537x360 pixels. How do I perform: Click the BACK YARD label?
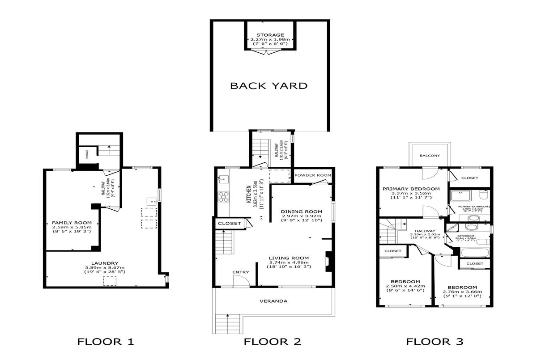[x=268, y=86]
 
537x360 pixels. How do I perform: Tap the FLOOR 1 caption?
[x=106, y=342]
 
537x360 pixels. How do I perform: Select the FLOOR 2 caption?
[x=272, y=342]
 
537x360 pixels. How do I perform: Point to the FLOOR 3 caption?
[x=434, y=342]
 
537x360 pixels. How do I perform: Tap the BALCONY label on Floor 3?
[x=430, y=156]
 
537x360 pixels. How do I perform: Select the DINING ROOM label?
[x=299, y=212]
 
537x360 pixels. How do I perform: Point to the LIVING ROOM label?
[x=289, y=258]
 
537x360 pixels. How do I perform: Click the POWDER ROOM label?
[x=312, y=175]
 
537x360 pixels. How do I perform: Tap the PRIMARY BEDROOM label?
[x=410, y=189]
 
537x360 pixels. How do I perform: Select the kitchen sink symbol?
[x=223, y=180]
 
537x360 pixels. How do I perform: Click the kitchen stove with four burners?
[x=222, y=196]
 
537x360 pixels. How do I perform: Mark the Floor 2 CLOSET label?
[x=229, y=223]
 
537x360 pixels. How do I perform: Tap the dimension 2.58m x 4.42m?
[x=405, y=286]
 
